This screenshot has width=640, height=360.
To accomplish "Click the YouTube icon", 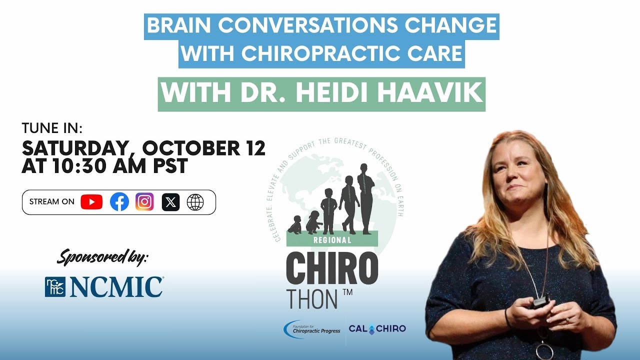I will point(91,202).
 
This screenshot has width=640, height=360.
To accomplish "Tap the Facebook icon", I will point(119,202).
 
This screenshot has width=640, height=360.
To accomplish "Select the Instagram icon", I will point(144,202).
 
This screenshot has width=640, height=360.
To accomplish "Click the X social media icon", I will point(170,202).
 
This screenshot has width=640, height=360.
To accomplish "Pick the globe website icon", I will point(195,202).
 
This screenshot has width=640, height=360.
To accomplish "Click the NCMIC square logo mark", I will point(55,287).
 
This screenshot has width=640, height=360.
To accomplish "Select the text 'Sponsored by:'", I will point(102,257).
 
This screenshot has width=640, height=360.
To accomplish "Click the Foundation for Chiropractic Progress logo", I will point(312,328).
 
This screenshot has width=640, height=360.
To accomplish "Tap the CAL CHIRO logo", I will point(377,328).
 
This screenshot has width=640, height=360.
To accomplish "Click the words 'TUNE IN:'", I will point(52,128).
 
